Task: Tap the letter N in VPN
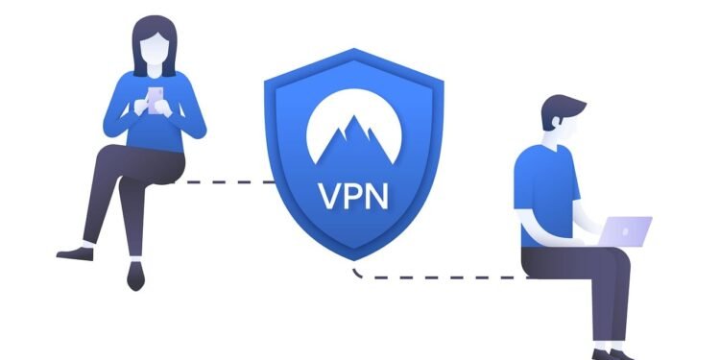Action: pyautogui.click(x=373, y=196)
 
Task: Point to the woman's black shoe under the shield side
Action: pyautogui.click(x=134, y=279)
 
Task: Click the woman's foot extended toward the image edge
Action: pyautogui.click(x=75, y=254)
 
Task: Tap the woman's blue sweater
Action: pyautogui.click(x=154, y=125)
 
